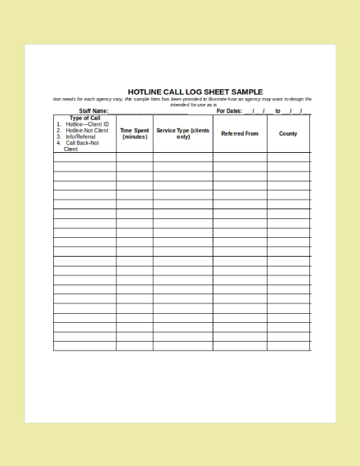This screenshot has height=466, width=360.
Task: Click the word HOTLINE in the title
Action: [x=144, y=92]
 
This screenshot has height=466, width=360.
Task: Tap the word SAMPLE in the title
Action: [x=247, y=92]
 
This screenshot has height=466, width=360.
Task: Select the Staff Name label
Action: [x=93, y=111]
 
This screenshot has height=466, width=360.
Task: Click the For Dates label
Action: [x=229, y=111]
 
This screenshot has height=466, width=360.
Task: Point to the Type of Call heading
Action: [x=85, y=118]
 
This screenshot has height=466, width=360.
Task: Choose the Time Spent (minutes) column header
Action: [x=134, y=133]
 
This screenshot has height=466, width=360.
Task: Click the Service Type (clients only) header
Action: [x=182, y=133]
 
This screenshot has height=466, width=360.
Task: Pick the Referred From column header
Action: [x=240, y=133]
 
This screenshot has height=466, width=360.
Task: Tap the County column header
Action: [x=288, y=133]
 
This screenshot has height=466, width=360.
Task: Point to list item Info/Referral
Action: [x=80, y=137]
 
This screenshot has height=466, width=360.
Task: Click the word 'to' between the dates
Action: [x=278, y=111]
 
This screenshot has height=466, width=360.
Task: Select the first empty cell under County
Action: [x=288, y=157]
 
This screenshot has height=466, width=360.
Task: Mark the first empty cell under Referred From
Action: [x=240, y=157]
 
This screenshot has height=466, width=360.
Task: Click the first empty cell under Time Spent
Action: [x=134, y=157]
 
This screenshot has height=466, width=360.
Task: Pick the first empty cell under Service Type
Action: [x=182, y=157]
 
